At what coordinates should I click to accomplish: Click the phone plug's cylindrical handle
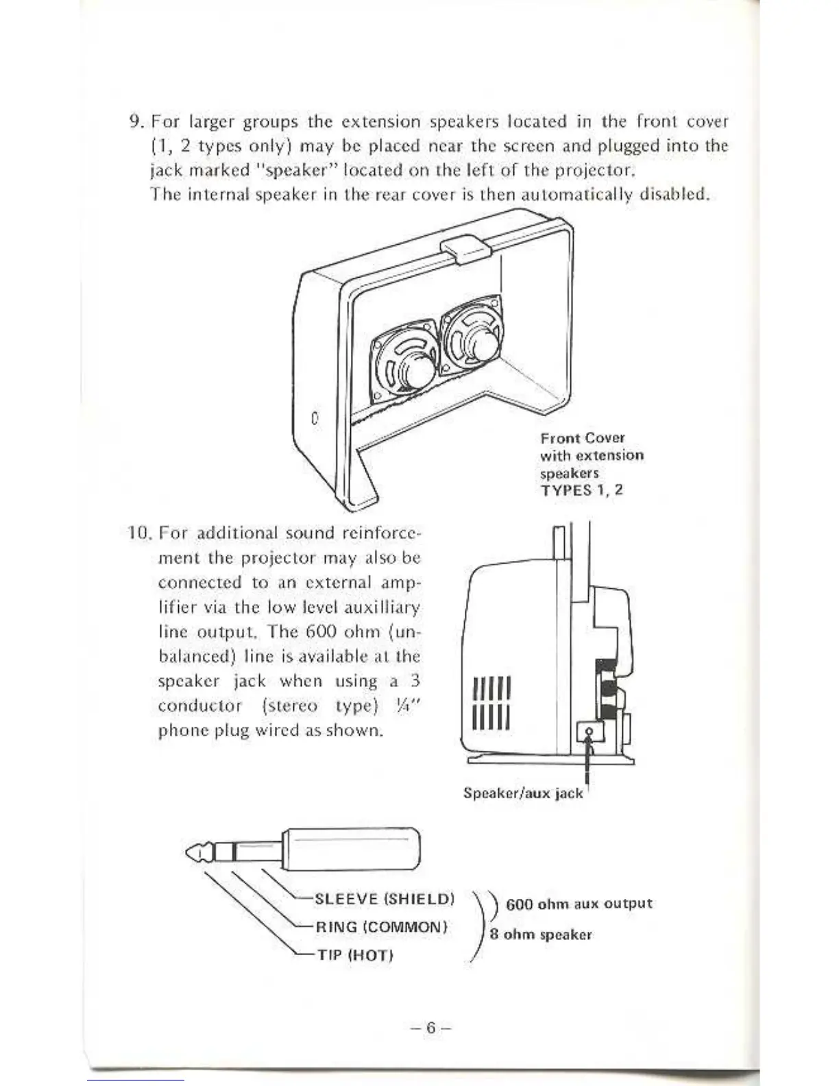(x=350, y=849)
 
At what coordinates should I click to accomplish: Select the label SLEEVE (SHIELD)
(x=384, y=899)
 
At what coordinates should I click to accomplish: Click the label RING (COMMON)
(x=381, y=927)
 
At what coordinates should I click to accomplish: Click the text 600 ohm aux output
(x=579, y=904)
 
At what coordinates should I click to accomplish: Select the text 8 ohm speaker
(x=541, y=934)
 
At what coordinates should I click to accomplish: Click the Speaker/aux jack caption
(x=523, y=793)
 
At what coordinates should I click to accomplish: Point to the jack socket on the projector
(x=589, y=733)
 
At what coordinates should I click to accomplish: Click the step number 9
(x=135, y=122)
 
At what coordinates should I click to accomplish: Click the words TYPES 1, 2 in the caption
(x=581, y=490)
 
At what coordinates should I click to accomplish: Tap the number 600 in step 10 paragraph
(x=319, y=631)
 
